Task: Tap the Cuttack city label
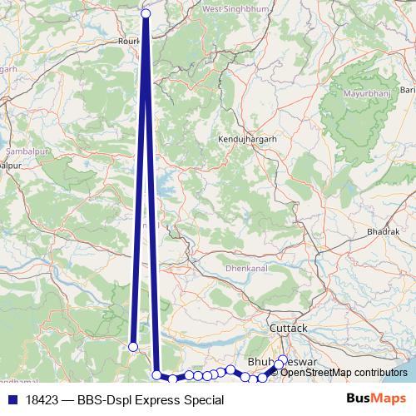point(289,328)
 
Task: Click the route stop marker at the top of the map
point(146,13)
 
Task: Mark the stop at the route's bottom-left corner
point(156,374)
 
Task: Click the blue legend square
point(12,400)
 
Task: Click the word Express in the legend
point(160,400)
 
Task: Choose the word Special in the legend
point(204,400)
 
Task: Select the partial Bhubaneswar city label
point(265,363)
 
